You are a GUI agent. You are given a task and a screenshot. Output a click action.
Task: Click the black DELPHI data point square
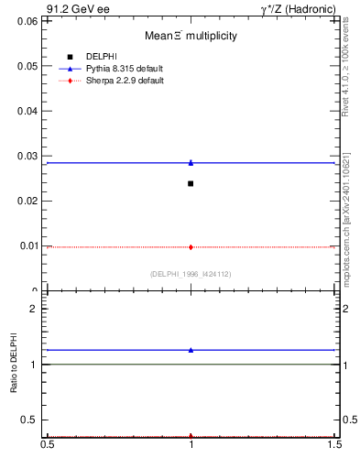(x=191, y=183)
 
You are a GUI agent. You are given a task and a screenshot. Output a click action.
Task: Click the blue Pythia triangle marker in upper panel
(x=191, y=162)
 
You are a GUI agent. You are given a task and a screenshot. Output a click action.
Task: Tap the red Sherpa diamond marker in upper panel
(x=191, y=246)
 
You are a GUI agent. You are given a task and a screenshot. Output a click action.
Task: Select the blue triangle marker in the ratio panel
(x=191, y=349)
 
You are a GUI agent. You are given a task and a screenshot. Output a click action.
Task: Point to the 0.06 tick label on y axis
(x=28, y=20)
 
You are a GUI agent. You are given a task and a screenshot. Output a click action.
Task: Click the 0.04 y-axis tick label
(x=28, y=111)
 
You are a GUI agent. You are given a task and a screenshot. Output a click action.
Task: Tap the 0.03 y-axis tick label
(x=28, y=156)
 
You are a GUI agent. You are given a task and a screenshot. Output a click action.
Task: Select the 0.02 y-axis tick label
(x=28, y=201)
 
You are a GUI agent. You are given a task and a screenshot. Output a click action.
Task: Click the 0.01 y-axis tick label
(x=28, y=245)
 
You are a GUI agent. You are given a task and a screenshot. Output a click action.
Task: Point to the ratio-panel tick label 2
(x=34, y=309)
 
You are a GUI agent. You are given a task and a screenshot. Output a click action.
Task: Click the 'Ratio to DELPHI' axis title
(x=14, y=364)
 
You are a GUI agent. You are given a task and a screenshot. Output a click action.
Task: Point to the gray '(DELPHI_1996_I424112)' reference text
(x=191, y=274)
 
